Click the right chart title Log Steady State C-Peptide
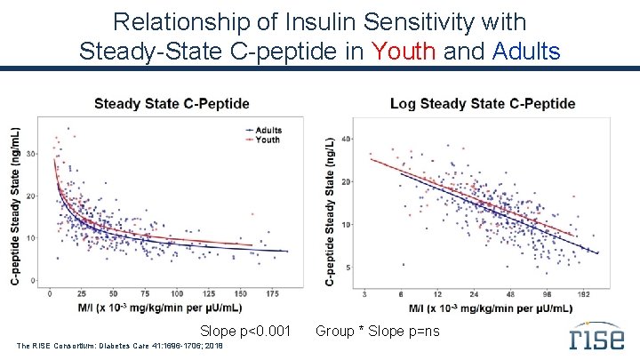[x=482, y=104]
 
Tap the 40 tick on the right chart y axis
[x=348, y=139]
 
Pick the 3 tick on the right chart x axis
[x=366, y=293]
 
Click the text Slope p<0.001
[x=244, y=332]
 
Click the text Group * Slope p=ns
[x=377, y=332]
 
